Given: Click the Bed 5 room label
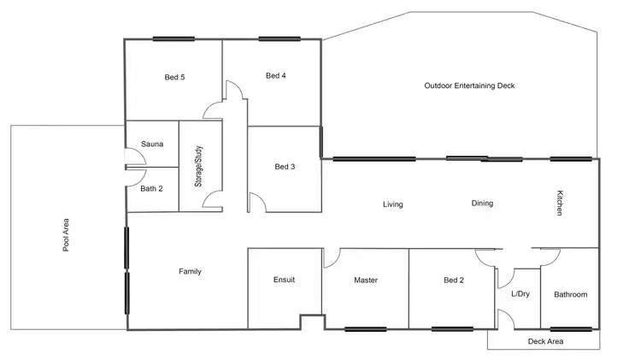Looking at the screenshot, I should point(175,77).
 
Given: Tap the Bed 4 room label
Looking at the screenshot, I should point(275,75).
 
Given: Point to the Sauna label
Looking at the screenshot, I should point(152,145).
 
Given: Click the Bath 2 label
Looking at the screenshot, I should point(152,187).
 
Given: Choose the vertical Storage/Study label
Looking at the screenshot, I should point(197,168).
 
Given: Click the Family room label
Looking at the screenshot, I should point(190,271).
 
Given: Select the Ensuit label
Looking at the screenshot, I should point(284,280).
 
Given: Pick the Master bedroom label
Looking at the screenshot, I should point(366,280).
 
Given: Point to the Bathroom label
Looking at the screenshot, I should point(570,294).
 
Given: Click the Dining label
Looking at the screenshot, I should point(482,204).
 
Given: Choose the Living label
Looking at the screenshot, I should point(392,204).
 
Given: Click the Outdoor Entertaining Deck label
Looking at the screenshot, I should point(469,86).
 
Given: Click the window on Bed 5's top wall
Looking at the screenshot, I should point(173,38).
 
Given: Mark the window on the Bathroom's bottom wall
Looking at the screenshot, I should point(571,329).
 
